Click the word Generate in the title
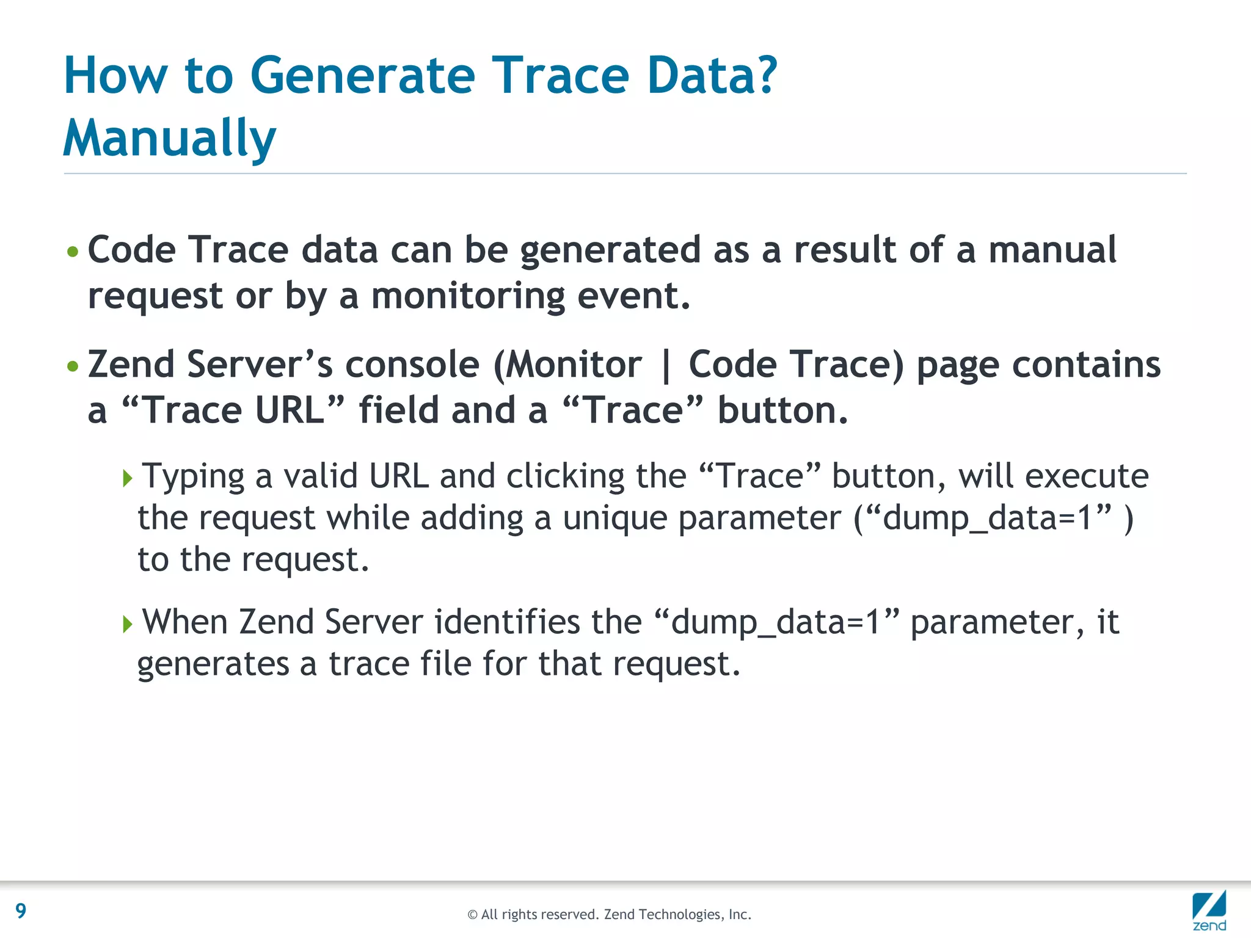click(362, 76)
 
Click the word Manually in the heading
click(170, 138)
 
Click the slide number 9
click(21, 911)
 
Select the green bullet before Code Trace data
click(73, 252)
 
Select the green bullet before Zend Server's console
click(73, 366)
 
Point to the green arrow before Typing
click(127, 478)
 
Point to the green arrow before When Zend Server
click(127, 624)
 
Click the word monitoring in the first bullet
click(468, 296)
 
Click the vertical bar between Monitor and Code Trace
click(666, 365)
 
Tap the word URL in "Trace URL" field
click(290, 410)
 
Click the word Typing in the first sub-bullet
click(193, 476)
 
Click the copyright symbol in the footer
click(472, 915)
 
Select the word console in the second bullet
click(412, 365)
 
